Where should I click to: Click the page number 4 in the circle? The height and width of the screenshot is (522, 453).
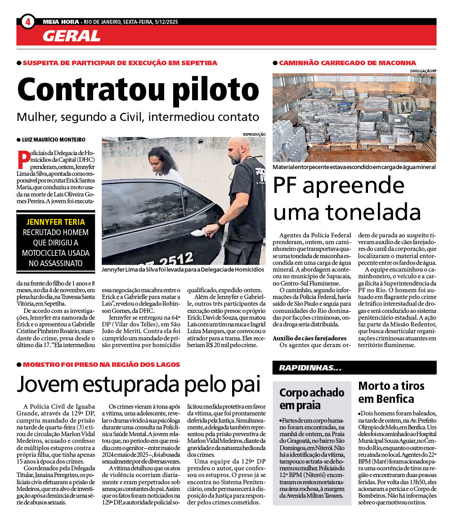[x=27, y=22]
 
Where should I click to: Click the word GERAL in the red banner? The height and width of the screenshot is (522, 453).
[x=71, y=36]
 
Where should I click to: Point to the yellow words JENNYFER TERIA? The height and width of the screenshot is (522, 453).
[x=53, y=222]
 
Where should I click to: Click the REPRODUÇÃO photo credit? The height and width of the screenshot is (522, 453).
[x=254, y=134]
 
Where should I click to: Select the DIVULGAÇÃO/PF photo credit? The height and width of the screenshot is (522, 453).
[x=423, y=71]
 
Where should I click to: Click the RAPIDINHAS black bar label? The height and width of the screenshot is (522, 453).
[x=310, y=368]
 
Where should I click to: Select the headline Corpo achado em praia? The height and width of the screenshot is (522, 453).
[x=312, y=398]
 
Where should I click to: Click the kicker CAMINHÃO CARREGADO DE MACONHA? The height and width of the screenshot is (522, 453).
[x=347, y=63]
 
